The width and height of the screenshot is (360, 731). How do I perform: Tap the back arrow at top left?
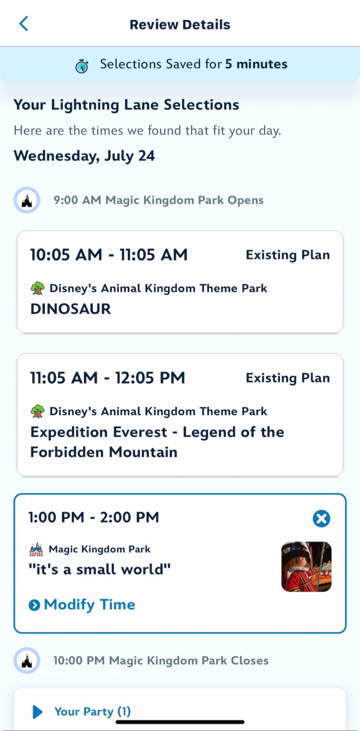pyautogui.click(x=24, y=24)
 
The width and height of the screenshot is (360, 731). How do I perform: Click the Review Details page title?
pyautogui.click(x=180, y=25)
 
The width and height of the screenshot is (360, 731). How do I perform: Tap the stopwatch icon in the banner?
pyautogui.click(x=82, y=66)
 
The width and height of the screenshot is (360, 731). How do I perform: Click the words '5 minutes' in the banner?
pyautogui.click(x=256, y=64)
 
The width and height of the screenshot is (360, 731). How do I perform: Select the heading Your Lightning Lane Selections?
pyautogui.click(x=126, y=105)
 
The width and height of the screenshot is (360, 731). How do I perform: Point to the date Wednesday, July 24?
pyautogui.click(x=84, y=156)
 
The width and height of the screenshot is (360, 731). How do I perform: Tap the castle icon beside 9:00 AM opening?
pyautogui.click(x=27, y=200)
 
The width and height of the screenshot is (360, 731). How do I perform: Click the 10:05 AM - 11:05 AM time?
pyautogui.click(x=109, y=255)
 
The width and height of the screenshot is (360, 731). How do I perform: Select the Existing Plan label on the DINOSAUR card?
pyautogui.click(x=288, y=255)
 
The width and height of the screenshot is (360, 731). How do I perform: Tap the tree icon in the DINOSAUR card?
pyautogui.click(x=37, y=288)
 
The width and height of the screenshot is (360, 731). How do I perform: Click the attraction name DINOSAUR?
pyautogui.click(x=71, y=309)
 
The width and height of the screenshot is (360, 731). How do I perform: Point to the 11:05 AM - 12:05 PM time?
pyautogui.click(x=107, y=378)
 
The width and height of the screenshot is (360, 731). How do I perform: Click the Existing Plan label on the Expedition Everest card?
pyautogui.click(x=288, y=378)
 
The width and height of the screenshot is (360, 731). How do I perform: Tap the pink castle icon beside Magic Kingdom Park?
pyautogui.click(x=36, y=549)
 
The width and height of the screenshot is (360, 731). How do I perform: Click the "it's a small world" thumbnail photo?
pyautogui.click(x=306, y=567)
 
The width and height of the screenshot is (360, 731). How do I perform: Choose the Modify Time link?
pyautogui.click(x=82, y=605)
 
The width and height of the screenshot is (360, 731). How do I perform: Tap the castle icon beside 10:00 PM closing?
pyautogui.click(x=27, y=661)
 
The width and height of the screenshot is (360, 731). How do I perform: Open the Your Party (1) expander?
pyautogui.click(x=81, y=711)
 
